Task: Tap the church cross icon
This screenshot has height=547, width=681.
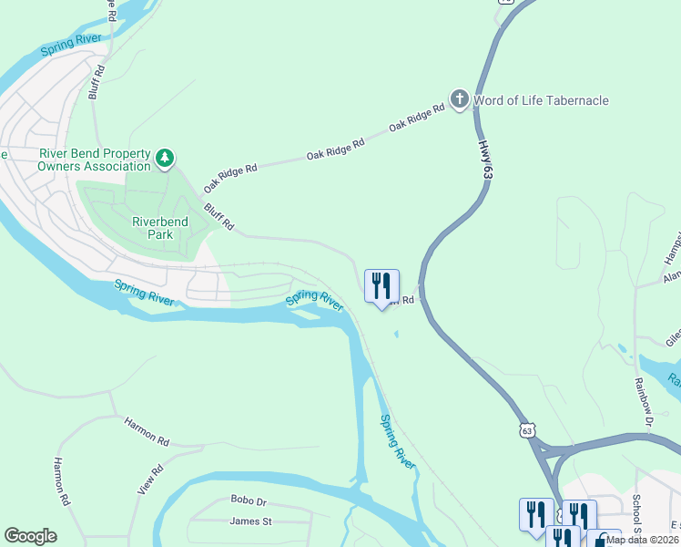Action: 460,99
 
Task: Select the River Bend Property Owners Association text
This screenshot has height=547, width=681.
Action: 94,160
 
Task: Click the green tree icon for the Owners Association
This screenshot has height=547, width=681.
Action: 165,160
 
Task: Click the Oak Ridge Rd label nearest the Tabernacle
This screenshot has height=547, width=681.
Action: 417,118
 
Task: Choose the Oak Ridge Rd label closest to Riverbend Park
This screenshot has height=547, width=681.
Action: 230,177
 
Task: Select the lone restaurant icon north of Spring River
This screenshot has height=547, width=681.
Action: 381,286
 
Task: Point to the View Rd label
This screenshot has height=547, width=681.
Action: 151,480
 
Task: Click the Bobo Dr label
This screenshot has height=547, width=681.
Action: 248,501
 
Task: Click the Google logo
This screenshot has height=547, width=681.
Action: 30,536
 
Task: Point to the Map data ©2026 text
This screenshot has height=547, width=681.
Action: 642,540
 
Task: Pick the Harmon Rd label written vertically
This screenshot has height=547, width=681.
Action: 61,481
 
